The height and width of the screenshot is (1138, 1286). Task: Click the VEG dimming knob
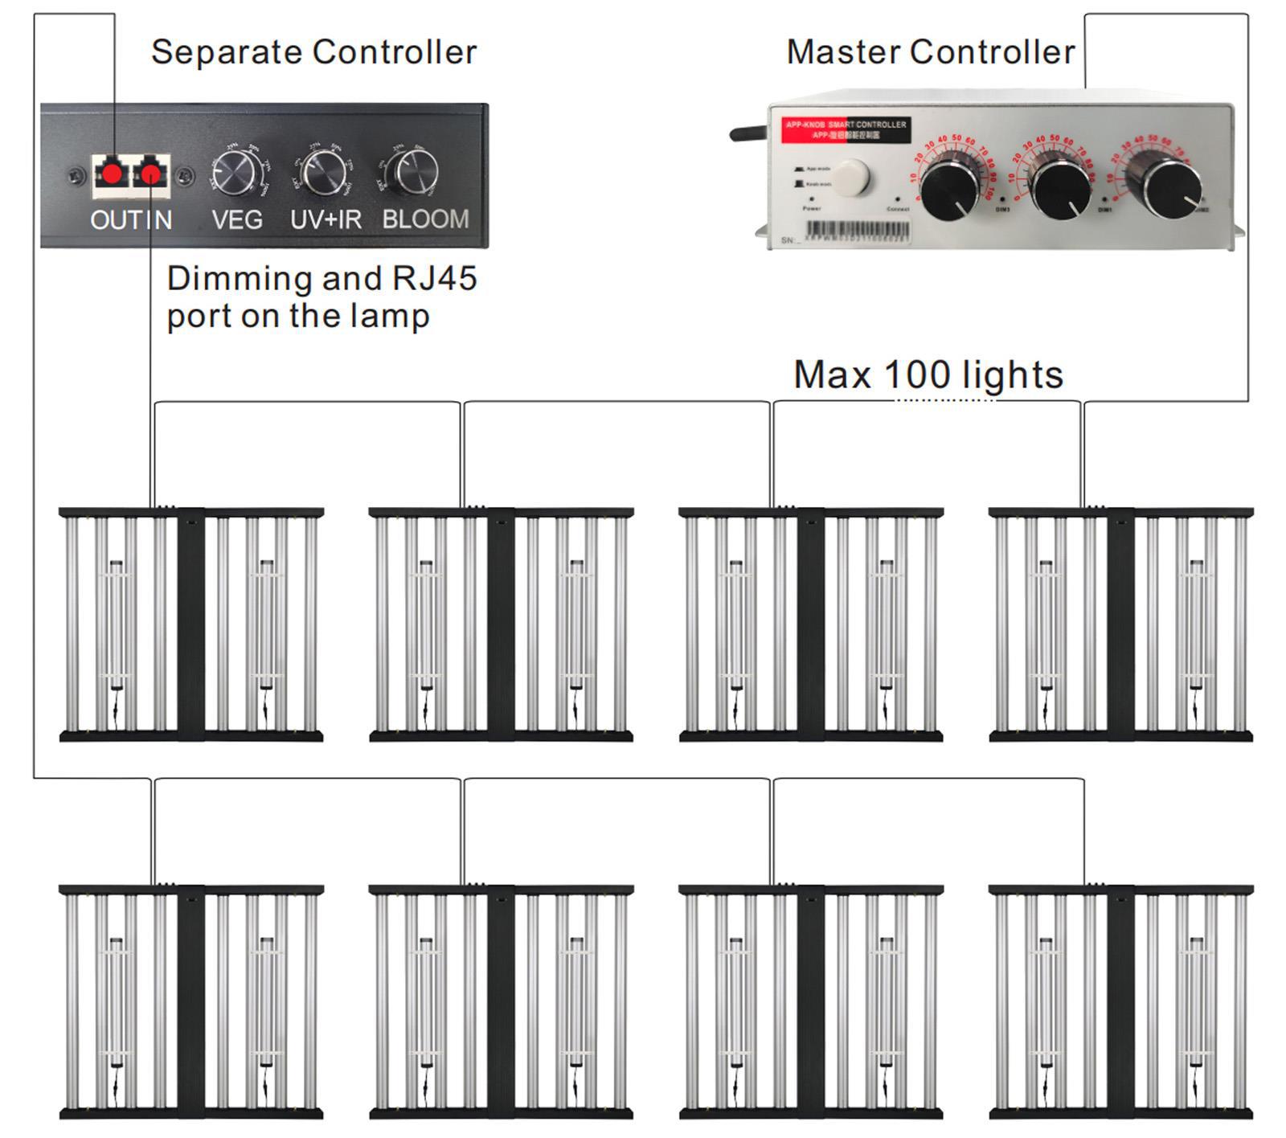[237, 171]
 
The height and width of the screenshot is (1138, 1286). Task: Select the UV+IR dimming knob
[325, 171]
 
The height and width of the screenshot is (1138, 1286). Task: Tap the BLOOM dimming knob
[415, 170]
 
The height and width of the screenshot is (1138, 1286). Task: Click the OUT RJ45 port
[113, 173]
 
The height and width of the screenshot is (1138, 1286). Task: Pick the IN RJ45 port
[151, 173]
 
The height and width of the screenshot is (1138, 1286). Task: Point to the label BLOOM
[425, 219]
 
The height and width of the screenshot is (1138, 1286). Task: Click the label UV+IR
[326, 219]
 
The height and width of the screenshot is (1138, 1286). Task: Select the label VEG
[237, 219]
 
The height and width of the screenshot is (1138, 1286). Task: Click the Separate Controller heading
[313, 52]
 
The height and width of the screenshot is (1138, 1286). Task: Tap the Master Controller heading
[930, 52]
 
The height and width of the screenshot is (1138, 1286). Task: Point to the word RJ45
[434, 279]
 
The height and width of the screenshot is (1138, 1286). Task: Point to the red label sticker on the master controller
[846, 129]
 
